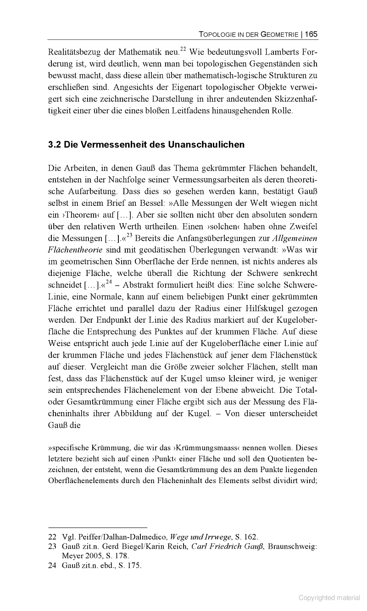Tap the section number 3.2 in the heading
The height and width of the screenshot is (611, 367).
pyautogui.click(x=55, y=145)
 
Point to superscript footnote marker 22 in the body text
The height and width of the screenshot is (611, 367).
pyautogui.click(x=183, y=47)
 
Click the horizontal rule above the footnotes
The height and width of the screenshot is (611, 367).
pyautogui.click(x=97, y=527)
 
